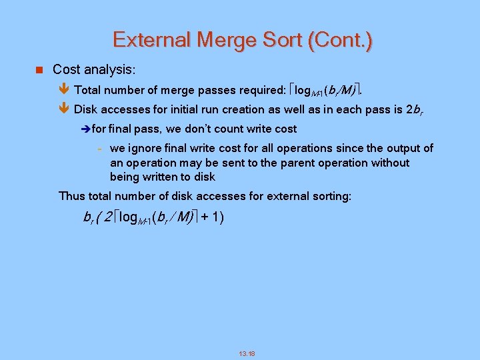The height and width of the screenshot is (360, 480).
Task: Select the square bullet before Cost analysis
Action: pyautogui.click(x=39, y=69)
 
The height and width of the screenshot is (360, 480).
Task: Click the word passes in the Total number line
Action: pyautogui.click(x=213, y=89)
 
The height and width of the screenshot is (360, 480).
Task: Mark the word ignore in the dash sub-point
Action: pyautogui.click(x=145, y=148)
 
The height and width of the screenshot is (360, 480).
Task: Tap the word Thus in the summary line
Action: pyautogui.click(x=72, y=196)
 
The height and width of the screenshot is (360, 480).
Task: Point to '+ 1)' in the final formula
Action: pyautogui.click(x=211, y=217)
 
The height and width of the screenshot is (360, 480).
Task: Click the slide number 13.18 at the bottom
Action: pyautogui.click(x=247, y=353)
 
